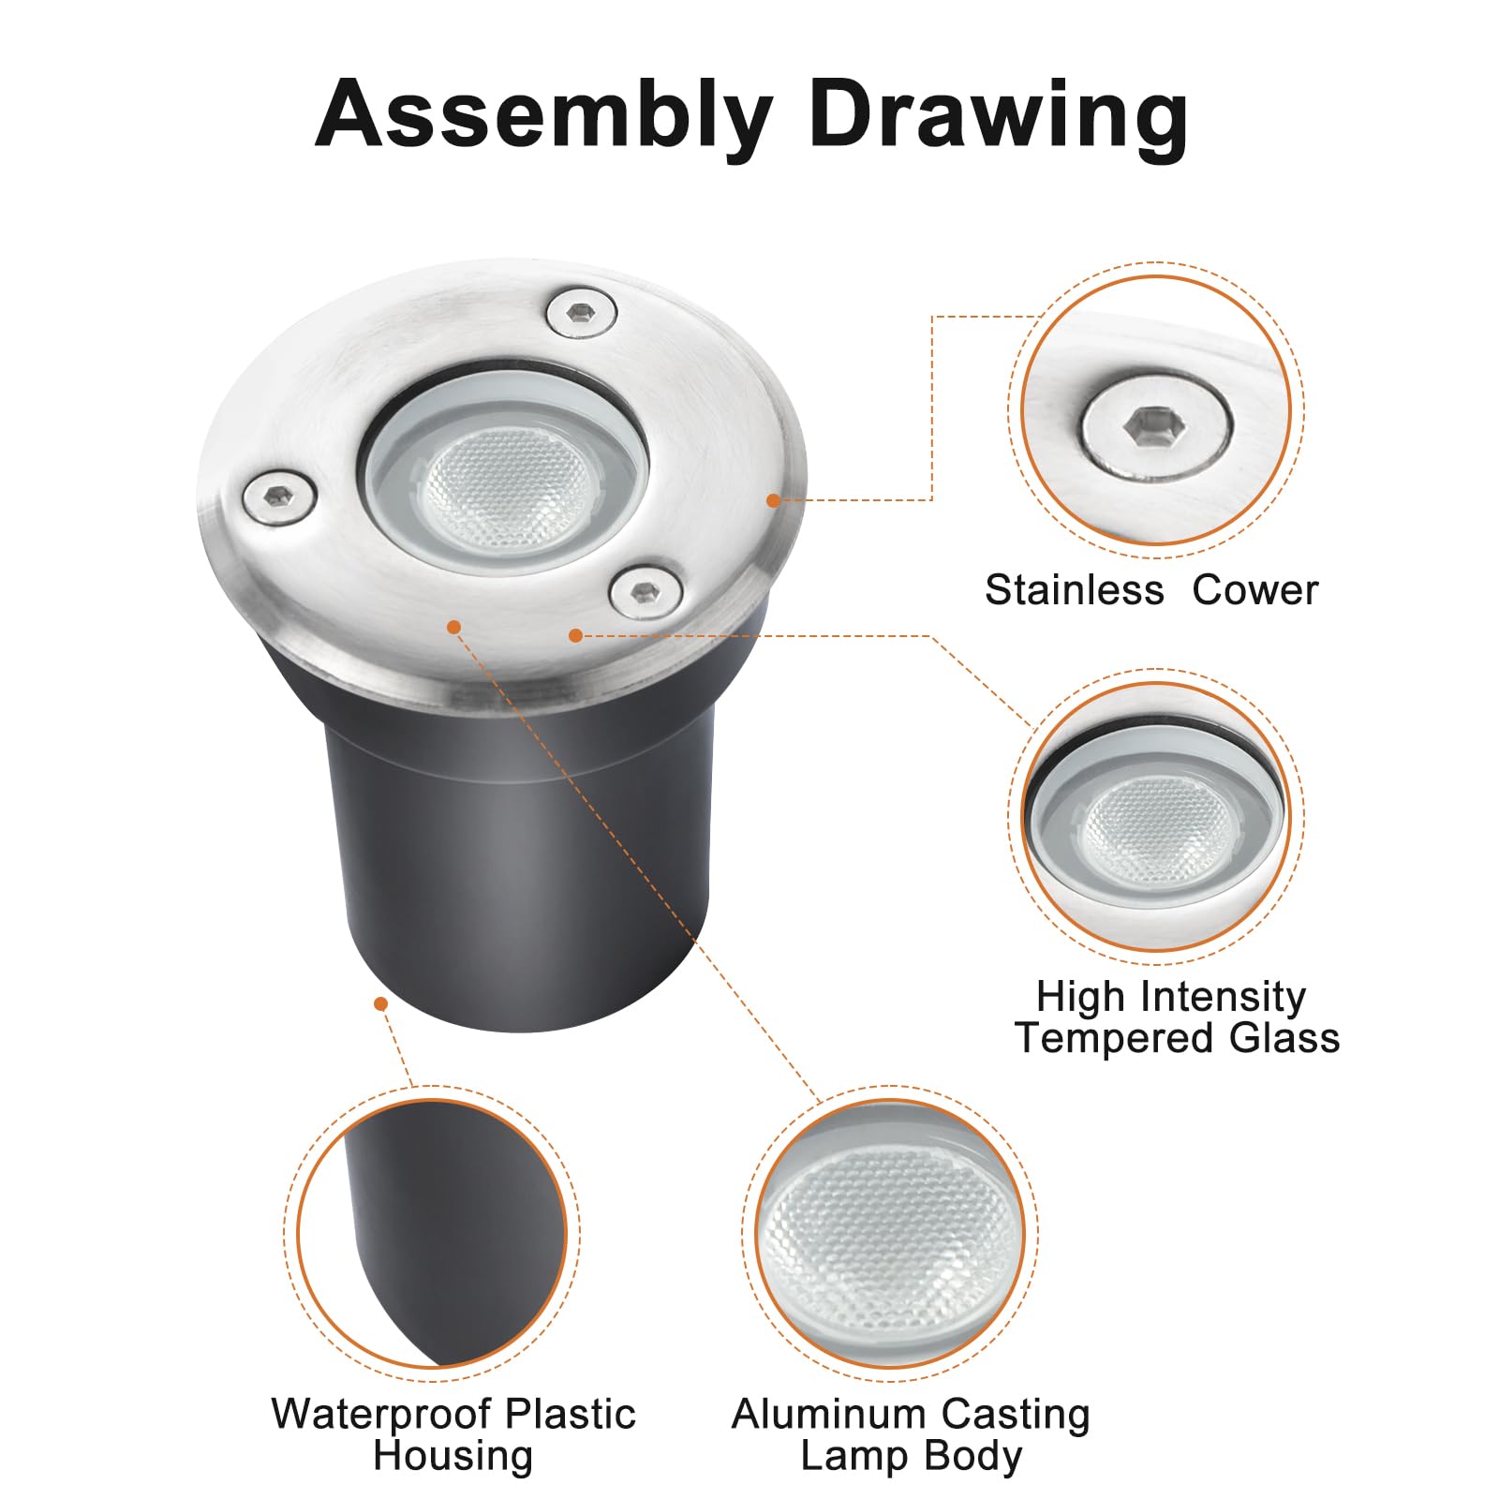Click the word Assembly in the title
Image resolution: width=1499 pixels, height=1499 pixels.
(543, 117)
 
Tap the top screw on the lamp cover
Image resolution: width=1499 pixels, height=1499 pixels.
(581, 312)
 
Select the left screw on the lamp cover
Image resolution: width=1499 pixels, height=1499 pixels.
(278, 497)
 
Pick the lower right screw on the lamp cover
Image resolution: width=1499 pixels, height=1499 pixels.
(646, 591)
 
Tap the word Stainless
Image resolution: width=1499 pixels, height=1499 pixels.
(1075, 590)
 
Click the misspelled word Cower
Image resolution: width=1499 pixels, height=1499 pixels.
(1255, 590)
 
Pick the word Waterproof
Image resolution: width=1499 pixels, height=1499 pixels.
(379, 1415)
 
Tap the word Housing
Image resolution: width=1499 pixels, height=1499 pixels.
(453, 1457)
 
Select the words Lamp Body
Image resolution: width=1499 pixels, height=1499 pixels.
(911, 1457)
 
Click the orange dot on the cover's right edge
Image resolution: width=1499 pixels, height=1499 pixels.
(773, 500)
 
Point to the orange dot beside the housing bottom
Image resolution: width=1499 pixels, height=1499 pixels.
(380, 1004)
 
